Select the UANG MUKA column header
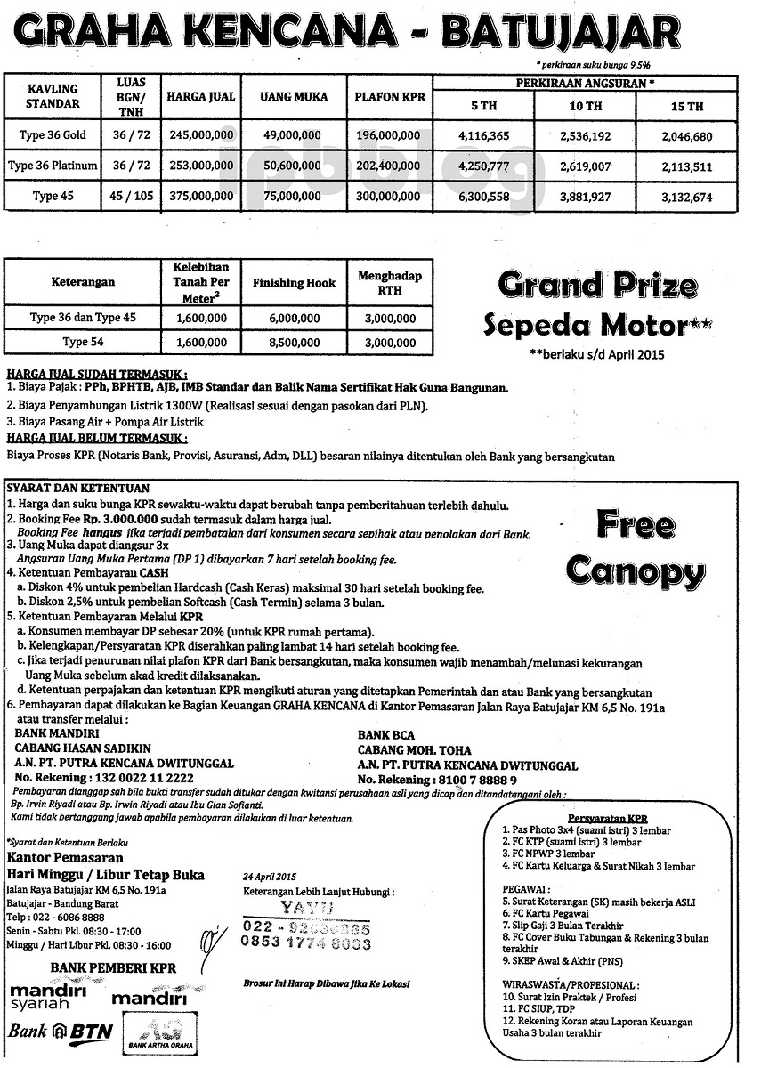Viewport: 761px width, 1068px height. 294,96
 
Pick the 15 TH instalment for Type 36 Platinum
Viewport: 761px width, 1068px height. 688,166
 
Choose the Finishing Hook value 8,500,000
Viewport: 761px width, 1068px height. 294,342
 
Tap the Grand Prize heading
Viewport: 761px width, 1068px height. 597,287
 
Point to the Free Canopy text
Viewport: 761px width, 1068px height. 635,546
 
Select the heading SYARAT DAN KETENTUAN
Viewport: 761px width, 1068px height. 78,489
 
